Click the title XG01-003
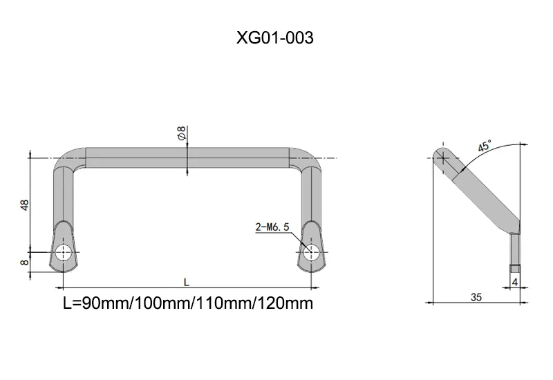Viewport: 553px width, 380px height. point(274,38)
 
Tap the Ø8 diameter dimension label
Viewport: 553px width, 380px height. point(182,133)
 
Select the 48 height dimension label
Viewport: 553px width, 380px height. point(25,205)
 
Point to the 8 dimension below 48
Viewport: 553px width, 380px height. point(25,263)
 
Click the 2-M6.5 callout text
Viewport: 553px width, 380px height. point(272,227)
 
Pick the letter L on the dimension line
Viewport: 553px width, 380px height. point(187,282)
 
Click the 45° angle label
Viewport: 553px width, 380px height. point(485,146)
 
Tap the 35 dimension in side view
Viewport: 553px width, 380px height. point(476,297)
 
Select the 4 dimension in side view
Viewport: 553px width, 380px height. point(515,283)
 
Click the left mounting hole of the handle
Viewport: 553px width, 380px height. point(64,252)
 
